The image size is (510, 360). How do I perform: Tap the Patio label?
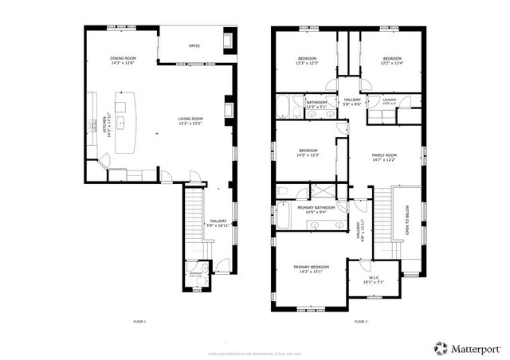point(194,46)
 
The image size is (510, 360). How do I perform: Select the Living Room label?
point(190,121)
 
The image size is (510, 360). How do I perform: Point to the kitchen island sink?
point(121,123)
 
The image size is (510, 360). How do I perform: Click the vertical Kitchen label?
point(104,127)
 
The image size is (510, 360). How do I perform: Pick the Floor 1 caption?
point(139,321)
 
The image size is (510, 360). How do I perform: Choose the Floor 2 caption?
point(360,321)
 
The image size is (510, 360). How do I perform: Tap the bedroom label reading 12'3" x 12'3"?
point(308,61)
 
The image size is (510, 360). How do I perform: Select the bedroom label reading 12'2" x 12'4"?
point(392,61)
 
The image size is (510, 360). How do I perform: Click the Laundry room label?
point(389,102)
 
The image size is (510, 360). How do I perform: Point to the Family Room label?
point(384,157)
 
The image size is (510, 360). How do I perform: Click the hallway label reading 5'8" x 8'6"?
point(352,102)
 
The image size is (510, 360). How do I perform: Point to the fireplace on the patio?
point(229,40)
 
